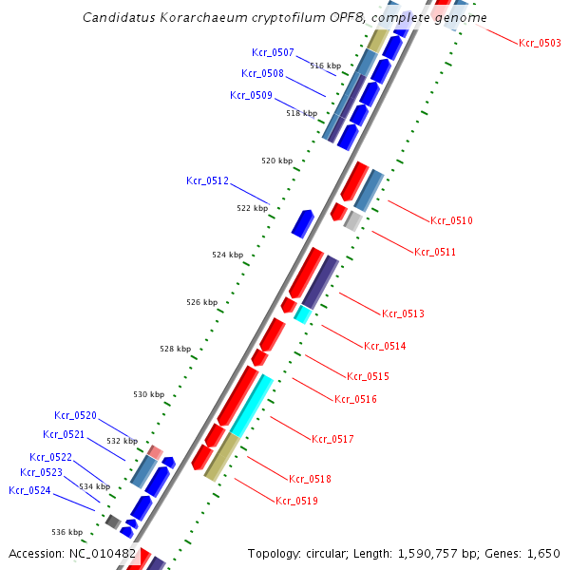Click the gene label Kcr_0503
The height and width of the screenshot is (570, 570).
pyautogui.click(x=540, y=43)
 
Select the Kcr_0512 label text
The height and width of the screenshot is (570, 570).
pyautogui.click(x=207, y=180)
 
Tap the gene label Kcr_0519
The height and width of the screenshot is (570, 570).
pyautogui.click(x=296, y=501)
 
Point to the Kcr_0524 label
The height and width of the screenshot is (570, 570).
pyautogui.click(x=29, y=490)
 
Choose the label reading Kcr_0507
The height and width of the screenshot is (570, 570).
pyautogui.click(x=273, y=52)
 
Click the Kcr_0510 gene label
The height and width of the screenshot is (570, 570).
pyautogui.click(x=451, y=220)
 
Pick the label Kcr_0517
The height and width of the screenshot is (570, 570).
pyautogui.click(x=332, y=439)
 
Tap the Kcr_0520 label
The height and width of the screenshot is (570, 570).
pyautogui.click(x=75, y=415)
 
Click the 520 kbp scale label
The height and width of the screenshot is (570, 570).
pyautogui.click(x=277, y=161)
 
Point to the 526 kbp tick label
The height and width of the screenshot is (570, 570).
pyautogui.click(x=201, y=302)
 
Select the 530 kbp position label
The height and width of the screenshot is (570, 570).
pyautogui.click(x=148, y=394)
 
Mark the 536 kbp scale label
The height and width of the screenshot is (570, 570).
pyautogui.click(x=66, y=532)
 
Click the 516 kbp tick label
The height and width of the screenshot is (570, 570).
pyautogui.click(x=326, y=66)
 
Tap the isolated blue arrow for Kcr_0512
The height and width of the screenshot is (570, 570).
pyautogui.click(x=302, y=224)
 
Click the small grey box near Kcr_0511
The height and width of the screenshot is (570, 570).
pyautogui.click(x=352, y=221)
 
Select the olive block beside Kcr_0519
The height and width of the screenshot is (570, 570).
pyautogui.click(x=221, y=457)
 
